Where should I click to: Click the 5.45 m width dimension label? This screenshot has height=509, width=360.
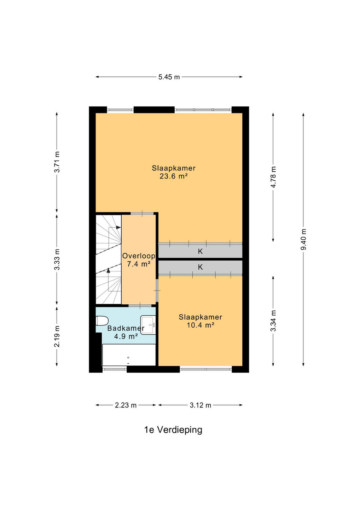coord(169,77)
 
